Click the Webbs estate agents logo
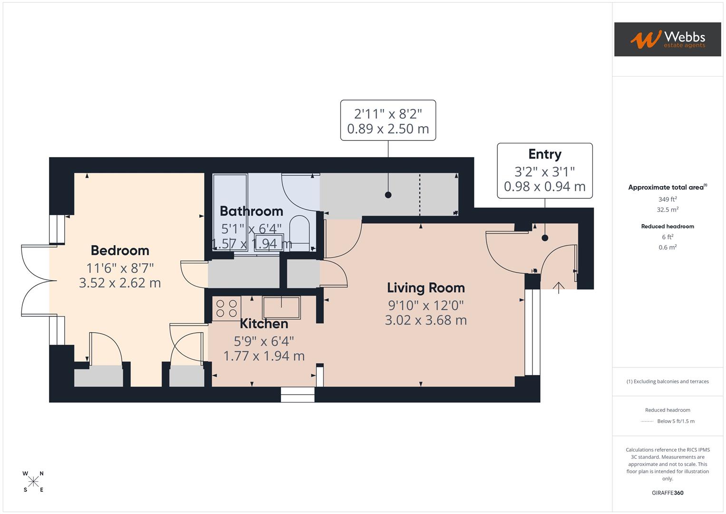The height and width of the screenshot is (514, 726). [667, 40]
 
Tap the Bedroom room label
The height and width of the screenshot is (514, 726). [120, 250]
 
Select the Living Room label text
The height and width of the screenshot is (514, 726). [426, 288]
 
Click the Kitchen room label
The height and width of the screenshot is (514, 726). [264, 324]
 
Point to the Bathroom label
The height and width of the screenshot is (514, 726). [251, 211]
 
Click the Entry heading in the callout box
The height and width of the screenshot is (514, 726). [545, 154]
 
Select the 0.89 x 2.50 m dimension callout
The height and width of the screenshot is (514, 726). [388, 129]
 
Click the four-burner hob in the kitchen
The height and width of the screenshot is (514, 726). [227, 308]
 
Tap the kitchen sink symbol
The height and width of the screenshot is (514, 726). [281, 307]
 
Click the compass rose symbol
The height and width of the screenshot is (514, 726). [33, 482]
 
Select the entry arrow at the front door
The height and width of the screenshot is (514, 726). [558, 287]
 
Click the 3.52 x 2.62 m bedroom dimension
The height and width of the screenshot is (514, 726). [120, 283]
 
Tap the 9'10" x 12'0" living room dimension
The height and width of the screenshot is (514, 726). [426, 305]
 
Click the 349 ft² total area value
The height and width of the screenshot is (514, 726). [668, 199]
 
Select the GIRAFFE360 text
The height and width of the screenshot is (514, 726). [668, 493]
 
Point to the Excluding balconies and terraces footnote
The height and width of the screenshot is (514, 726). [668, 381]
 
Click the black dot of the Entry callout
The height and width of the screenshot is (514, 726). [545, 238]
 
